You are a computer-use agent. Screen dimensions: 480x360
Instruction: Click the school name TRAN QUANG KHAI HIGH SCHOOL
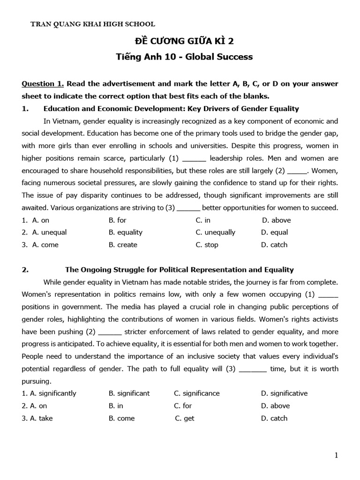pos(92,24)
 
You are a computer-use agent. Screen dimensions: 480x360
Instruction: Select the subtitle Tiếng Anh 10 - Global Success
pos(184,57)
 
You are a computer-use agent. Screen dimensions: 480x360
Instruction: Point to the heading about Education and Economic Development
pos(171,109)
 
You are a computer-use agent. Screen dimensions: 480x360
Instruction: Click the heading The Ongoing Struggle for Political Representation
pos(179,270)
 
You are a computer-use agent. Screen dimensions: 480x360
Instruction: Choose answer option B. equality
pos(125,232)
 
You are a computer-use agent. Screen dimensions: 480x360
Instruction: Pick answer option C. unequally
pos(215,232)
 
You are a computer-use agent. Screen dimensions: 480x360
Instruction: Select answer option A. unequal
pos(49,232)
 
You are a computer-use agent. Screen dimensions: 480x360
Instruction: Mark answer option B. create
pos(123,245)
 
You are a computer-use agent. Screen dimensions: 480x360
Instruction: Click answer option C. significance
pos(196,393)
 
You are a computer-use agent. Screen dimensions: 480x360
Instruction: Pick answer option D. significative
pos(284,393)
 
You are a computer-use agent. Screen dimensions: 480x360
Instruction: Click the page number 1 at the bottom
pos(336,455)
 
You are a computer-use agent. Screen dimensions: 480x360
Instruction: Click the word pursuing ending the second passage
pos(37,381)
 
